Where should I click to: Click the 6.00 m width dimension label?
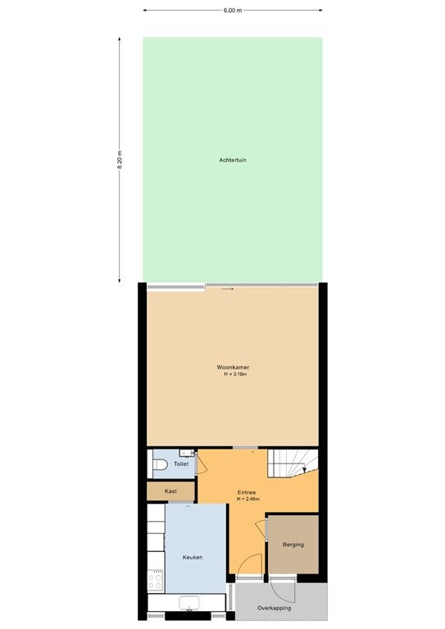tap(233, 11)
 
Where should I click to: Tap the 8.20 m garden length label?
tap(120, 160)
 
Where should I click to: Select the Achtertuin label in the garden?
tap(233, 160)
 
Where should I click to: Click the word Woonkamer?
tap(233, 367)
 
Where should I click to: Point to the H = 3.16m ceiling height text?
tap(235, 374)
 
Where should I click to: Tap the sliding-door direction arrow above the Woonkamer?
tap(228, 288)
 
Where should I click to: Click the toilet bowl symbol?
tap(160, 464)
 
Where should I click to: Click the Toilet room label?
tap(181, 464)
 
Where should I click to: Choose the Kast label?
tap(170, 491)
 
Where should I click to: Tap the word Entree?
tap(247, 492)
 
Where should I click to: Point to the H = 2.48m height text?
tap(248, 499)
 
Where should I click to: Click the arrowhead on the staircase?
tap(304, 470)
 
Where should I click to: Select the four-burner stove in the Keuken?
tap(155, 580)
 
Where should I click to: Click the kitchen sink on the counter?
tap(189, 603)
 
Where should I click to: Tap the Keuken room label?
tap(193, 557)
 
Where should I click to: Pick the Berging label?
tap(293, 545)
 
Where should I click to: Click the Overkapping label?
tap(274, 609)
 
